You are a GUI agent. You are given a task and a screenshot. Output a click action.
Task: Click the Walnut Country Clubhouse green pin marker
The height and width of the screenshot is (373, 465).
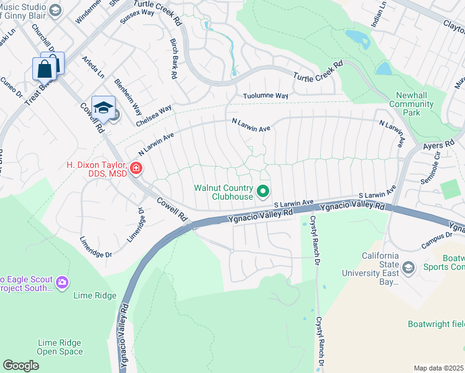[263, 191]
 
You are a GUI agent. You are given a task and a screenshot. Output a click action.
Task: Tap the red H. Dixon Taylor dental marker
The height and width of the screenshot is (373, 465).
[136, 168]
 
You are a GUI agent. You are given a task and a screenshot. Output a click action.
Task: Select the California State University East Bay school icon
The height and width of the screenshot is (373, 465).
[408, 268]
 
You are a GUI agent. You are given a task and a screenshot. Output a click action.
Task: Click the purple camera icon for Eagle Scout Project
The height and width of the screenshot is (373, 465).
[62, 283]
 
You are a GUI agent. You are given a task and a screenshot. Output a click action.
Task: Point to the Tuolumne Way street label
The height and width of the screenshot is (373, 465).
[265, 96]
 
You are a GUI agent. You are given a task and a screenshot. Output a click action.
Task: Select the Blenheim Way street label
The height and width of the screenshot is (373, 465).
[127, 94]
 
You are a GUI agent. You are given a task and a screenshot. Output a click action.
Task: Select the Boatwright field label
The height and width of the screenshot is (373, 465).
[435, 324]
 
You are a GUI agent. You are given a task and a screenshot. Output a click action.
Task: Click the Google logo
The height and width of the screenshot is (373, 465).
[21, 366]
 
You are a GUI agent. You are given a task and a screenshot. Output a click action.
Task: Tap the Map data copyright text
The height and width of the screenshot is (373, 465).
[438, 368]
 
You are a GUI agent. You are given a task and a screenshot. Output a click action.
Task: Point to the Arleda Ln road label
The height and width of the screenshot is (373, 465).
[93, 67]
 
